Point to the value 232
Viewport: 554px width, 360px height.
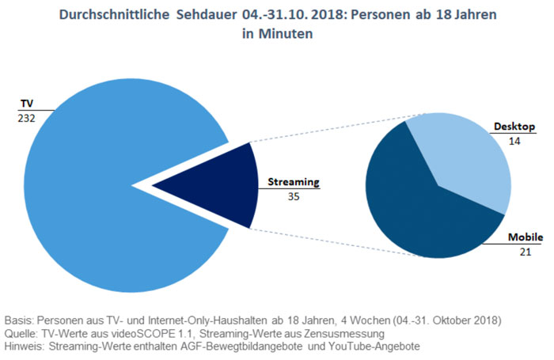(x=25, y=117)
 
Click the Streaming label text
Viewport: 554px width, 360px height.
(x=293, y=181)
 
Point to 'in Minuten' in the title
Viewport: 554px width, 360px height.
(x=277, y=35)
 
